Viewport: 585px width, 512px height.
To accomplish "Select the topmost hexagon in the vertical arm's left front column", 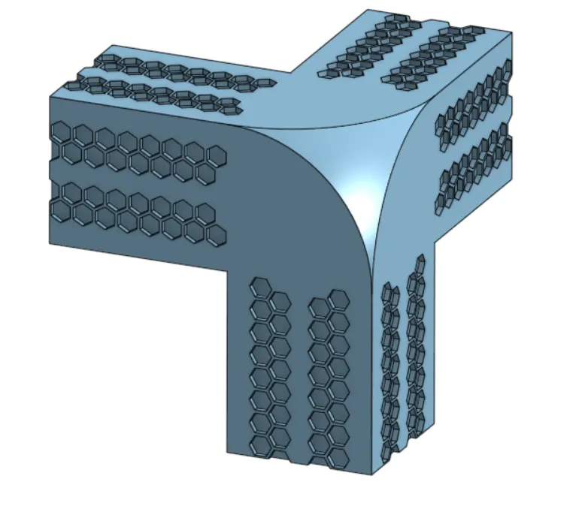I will coord(261,287).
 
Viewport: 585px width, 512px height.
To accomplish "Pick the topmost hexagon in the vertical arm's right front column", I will coord(338,299).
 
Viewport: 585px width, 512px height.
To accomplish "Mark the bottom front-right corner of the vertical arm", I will coord(373,474).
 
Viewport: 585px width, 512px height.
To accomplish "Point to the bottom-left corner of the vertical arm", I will coord(227,452).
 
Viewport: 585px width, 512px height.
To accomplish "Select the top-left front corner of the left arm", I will coord(50,97).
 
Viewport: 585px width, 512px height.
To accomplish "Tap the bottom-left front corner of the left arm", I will coord(50,243).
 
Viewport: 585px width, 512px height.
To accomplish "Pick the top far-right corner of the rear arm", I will coord(513,33).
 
